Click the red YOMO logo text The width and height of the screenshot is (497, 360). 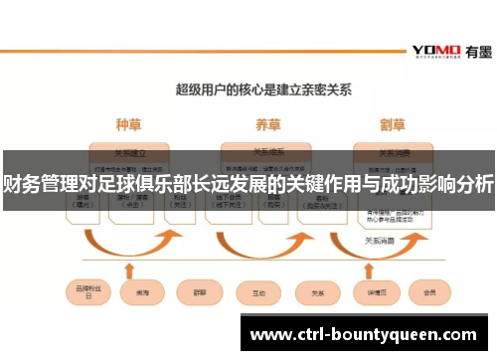pyautogui.click(x=433, y=51)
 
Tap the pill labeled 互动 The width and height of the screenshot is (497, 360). pyautogui.click(x=258, y=292)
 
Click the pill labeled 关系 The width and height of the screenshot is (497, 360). pyautogui.click(x=318, y=292)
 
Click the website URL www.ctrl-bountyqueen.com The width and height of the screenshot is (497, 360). pyautogui.click(x=362, y=333)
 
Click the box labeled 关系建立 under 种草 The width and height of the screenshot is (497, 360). pyautogui.click(x=129, y=153)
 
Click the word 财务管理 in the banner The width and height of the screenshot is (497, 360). pyautogui.click(x=34, y=183)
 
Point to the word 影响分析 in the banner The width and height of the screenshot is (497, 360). pyautogui.click(x=458, y=183)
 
